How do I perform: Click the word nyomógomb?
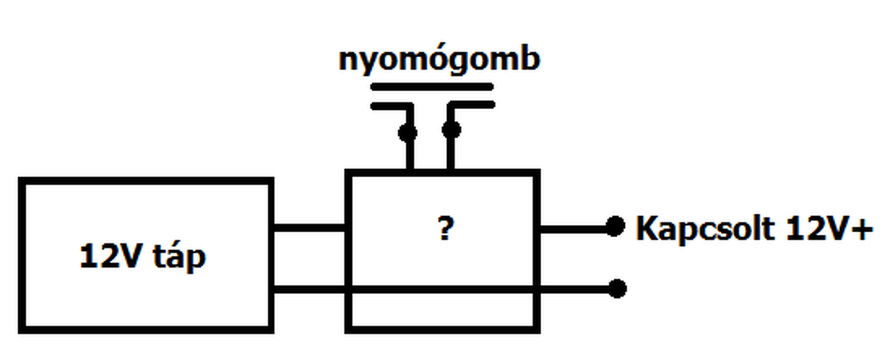pyautogui.click(x=439, y=61)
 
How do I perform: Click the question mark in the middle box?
pyautogui.click(x=446, y=229)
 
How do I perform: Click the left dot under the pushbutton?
pyautogui.click(x=408, y=131)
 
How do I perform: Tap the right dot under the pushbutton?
pyautogui.click(x=451, y=130)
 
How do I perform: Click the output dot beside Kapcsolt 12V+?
pyautogui.click(x=615, y=227)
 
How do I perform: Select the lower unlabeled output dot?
pyautogui.click(x=617, y=288)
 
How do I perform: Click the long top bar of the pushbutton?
pyautogui.click(x=432, y=88)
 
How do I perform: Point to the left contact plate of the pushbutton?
pyautogui.click(x=391, y=106)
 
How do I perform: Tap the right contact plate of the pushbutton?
pyautogui.click(x=471, y=106)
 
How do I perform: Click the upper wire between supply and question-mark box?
pyautogui.click(x=309, y=227)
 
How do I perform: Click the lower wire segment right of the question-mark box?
pyautogui.click(x=574, y=288)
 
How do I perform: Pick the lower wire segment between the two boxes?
pyautogui.click(x=309, y=288)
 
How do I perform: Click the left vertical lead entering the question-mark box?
pyautogui.click(x=409, y=154)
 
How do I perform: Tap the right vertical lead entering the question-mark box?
pyautogui.click(x=451, y=154)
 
